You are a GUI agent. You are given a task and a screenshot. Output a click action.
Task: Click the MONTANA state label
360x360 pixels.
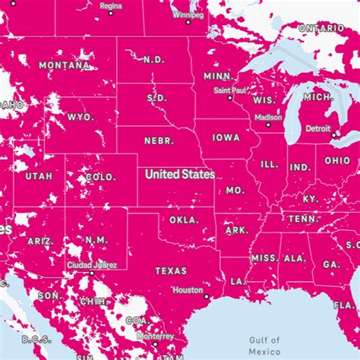[64, 65]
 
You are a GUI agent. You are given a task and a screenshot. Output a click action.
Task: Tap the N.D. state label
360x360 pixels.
[153, 59]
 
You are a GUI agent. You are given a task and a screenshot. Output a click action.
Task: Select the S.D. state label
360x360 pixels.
[156, 98]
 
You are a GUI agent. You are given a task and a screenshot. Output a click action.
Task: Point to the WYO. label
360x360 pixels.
[81, 117]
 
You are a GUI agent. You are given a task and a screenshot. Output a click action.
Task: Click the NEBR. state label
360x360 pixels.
[159, 141]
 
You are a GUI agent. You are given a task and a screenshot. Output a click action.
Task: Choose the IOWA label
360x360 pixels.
[226, 138]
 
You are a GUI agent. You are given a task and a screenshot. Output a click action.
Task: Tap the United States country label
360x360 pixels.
[180, 174]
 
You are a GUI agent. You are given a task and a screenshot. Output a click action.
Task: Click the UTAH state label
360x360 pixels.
[39, 176]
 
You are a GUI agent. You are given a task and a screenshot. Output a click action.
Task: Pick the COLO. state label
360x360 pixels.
[100, 177]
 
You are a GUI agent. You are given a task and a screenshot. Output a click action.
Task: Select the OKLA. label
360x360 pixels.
[183, 220]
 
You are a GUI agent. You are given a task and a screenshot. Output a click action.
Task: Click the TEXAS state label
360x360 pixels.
[170, 270]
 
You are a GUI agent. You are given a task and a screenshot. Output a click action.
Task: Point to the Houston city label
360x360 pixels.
[188, 289]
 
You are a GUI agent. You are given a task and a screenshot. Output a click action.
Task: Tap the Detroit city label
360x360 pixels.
[318, 129]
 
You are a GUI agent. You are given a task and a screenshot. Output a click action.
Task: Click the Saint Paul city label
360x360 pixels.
[229, 90]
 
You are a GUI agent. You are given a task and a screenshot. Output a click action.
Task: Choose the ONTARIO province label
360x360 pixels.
[321, 28]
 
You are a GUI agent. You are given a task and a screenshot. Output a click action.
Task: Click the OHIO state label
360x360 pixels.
[337, 161]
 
